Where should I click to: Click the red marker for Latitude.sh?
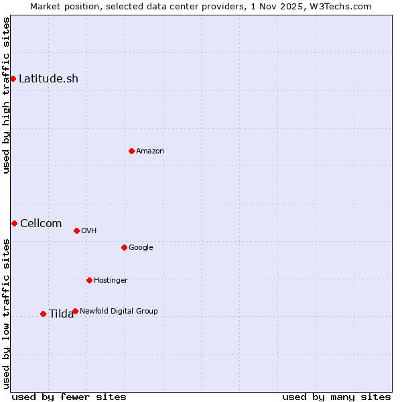pyautogui.click(x=13, y=78)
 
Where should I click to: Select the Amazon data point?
pyautogui.click(x=131, y=151)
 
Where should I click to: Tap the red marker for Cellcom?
pyautogui.click(x=14, y=223)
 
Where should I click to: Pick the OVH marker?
pyautogui.click(x=76, y=230)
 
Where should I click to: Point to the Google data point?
pyautogui.click(x=124, y=247)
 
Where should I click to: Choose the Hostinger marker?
pyautogui.click(x=89, y=280)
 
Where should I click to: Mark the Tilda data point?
pyautogui.click(x=43, y=314)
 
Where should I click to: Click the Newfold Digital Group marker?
pyautogui.click(x=75, y=311)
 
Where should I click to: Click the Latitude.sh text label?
pyautogui.click(x=48, y=78)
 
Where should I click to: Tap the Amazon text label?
pyautogui.click(x=150, y=151)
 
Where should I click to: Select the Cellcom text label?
pyautogui.click(x=41, y=223)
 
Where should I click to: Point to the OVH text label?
pyautogui.click(x=89, y=230)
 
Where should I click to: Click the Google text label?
pyautogui.click(x=141, y=247)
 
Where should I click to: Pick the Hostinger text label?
pyautogui.click(x=111, y=280)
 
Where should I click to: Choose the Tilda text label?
pyautogui.click(x=61, y=314)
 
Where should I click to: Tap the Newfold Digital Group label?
pyautogui.click(x=119, y=311)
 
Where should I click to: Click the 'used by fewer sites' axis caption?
pyautogui.click(x=69, y=397)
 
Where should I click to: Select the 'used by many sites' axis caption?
pyautogui.click(x=336, y=397)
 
